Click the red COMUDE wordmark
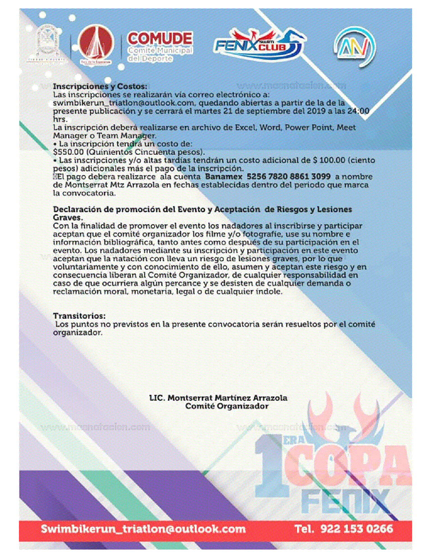pyautogui.click(x=160, y=39)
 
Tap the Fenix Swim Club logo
pyautogui.click(x=259, y=44)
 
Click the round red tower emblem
pyautogui.click(x=96, y=44)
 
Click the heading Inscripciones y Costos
pyautogui.click(x=100, y=87)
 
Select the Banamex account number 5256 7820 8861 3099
pyautogui.click(x=288, y=177)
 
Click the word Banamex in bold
pyautogui.click(x=223, y=177)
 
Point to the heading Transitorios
pyautogui.click(x=79, y=316)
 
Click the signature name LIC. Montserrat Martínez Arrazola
pyautogui.click(x=218, y=398)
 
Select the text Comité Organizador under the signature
pyautogui.click(x=226, y=406)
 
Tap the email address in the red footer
pyautogui.click(x=143, y=529)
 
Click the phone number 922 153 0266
pyautogui.click(x=357, y=529)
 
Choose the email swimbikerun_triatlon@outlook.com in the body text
pyautogui.click(x=124, y=103)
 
